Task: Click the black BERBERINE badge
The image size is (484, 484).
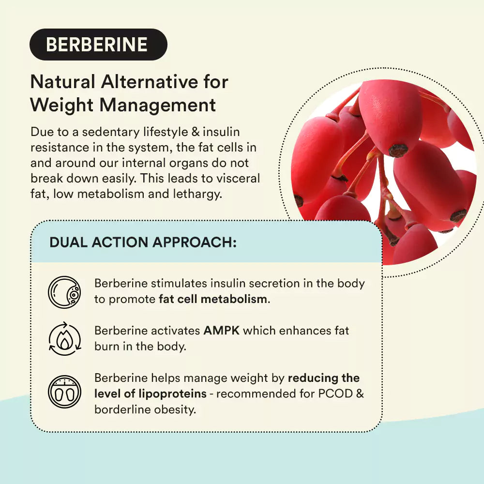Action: pyautogui.click(x=98, y=45)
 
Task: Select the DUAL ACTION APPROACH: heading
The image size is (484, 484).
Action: pyautogui.click(x=143, y=242)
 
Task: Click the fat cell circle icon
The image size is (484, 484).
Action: pyautogui.click(x=64, y=292)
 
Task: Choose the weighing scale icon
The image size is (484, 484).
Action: pyautogui.click(x=64, y=391)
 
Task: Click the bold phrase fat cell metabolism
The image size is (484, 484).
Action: pyautogui.click(x=213, y=299)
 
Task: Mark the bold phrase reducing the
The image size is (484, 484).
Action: pyautogui.click(x=324, y=378)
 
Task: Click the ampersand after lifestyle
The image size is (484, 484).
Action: pyautogui.click(x=195, y=132)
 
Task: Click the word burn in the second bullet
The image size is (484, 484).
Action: pyautogui.click(x=106, y=347)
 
